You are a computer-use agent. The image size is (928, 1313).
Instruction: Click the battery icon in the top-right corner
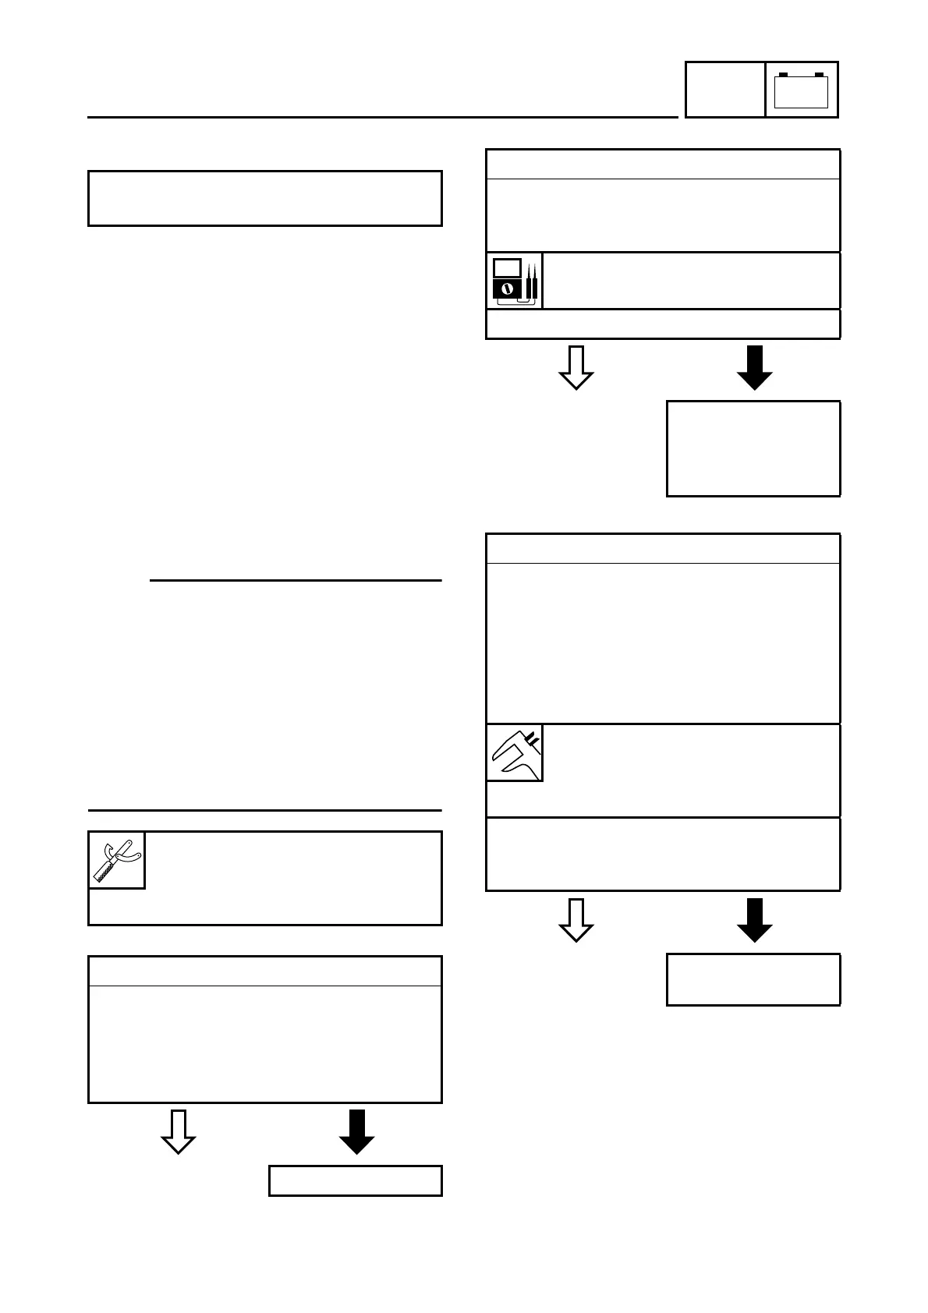click(801, 90)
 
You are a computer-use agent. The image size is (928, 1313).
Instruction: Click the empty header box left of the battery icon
click(724, 90)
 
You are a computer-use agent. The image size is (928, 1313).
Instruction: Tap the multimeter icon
click(515, 281)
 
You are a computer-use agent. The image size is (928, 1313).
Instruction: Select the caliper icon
click(515, 752)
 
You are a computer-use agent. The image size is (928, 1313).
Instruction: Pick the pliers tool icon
click(117, 860)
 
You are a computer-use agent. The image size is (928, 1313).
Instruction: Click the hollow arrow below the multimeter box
click(576, 367)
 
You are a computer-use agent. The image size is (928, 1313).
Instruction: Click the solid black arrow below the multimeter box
click(754, 367)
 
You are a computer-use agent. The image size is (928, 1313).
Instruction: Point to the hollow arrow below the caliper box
click(576, 920)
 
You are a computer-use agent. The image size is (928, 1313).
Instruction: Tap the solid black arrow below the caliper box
click(754, 920)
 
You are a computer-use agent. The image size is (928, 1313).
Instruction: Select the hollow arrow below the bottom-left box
click(178, 1131)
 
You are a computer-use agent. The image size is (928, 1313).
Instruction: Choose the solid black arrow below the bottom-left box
click(356, 1131)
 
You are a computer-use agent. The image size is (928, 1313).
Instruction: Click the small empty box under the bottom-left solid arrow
click(356, 1180)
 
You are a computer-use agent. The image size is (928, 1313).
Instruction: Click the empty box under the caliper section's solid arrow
click(753, 979)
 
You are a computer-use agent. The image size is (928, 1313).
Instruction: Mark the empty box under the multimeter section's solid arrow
click(753, 448)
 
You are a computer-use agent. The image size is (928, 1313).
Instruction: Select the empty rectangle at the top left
click(265, 198)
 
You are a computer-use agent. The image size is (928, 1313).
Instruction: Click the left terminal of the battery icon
click(784, 75)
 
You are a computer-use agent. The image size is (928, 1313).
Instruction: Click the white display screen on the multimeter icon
click(507, 267)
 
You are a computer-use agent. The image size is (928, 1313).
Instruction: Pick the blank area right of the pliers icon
click(292, 860)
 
